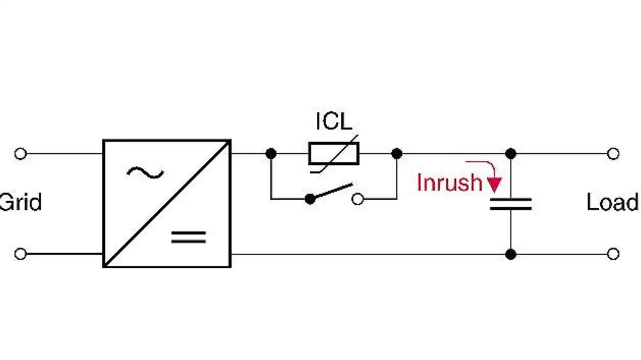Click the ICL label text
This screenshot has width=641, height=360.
(334, 121)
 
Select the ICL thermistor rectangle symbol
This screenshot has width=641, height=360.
(334, 154)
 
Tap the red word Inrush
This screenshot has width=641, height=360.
(449, 183)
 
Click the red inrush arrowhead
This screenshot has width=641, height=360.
(494, 185)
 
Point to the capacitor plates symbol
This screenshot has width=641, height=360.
(511, 204)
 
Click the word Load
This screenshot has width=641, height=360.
(612, 203)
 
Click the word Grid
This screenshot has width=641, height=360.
(20, 203)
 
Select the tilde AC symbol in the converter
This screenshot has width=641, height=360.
(145, 173)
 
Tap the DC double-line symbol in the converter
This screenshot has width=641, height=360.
(189, 237)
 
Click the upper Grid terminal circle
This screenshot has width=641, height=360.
(20, 154)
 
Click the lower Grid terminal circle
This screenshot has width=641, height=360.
(20, 254)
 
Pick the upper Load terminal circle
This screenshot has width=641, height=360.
(613, 154)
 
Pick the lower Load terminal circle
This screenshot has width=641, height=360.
(613, 254)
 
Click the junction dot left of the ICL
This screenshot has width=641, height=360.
(271, 154)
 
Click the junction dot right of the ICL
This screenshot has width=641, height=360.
(397, 154)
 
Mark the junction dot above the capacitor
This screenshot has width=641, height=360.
(511, 154)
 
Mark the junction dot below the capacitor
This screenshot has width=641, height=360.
(511, 254)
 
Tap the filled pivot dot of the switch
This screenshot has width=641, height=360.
(310, 199)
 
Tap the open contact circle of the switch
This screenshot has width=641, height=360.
(357, 199)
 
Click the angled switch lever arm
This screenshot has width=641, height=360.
(332, 192)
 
